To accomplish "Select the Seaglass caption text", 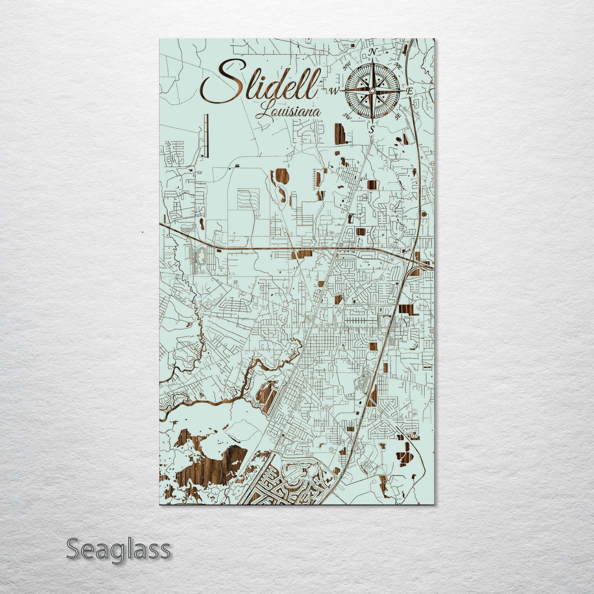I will (118, 549).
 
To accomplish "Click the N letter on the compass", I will (373, 52).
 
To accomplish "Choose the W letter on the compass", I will (335, 90).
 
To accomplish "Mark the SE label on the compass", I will (398, 117).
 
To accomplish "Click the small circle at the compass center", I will (372, 90).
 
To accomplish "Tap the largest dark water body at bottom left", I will (214, 456).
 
